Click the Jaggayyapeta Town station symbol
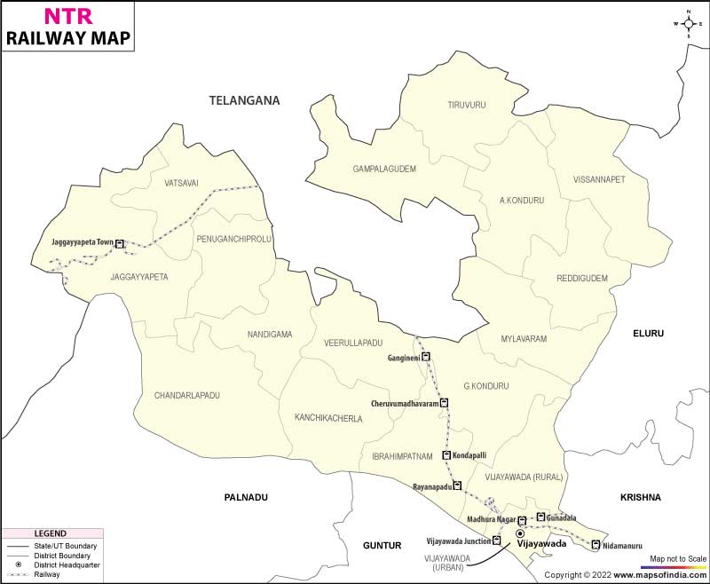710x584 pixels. [x=121, y=242]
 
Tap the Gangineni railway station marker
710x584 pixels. [x=426, y=357]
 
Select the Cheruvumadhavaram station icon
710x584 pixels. [x=445, y=403]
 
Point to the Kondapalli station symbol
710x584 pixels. [x=446, y=455]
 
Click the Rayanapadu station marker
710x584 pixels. [x=457, y=486]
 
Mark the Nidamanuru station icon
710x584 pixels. [x=596, y=545]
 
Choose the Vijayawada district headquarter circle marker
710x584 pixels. [x=520, y=533]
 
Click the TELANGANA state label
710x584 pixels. [x=244, y=101]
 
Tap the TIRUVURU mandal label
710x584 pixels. [x=467, y=105]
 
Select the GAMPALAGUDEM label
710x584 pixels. [x=384, y=168]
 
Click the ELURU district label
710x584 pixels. [x=648, y=333]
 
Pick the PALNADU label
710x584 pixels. [x=246, y=498]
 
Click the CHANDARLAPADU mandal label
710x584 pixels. [x=186, y=395]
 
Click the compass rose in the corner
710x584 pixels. [x=688, y=25]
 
